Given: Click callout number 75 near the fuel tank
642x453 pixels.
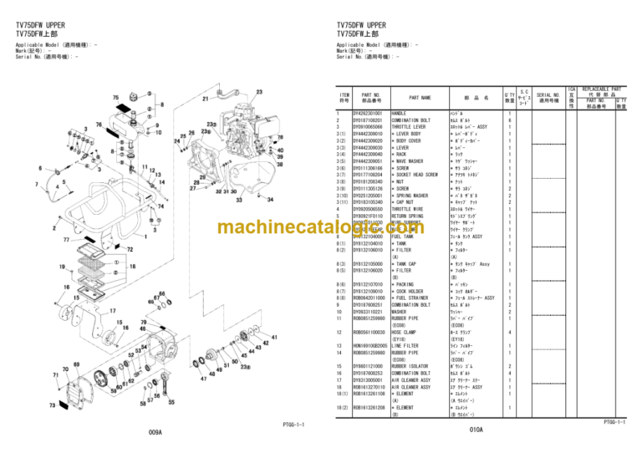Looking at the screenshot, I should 115,97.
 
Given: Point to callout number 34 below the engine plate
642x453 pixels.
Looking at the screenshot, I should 269,200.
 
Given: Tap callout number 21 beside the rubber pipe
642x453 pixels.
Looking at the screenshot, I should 206,98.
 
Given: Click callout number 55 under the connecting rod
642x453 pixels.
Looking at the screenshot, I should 171,402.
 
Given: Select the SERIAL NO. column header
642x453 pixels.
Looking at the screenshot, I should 548,98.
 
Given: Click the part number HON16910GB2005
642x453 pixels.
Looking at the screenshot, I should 369,345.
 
